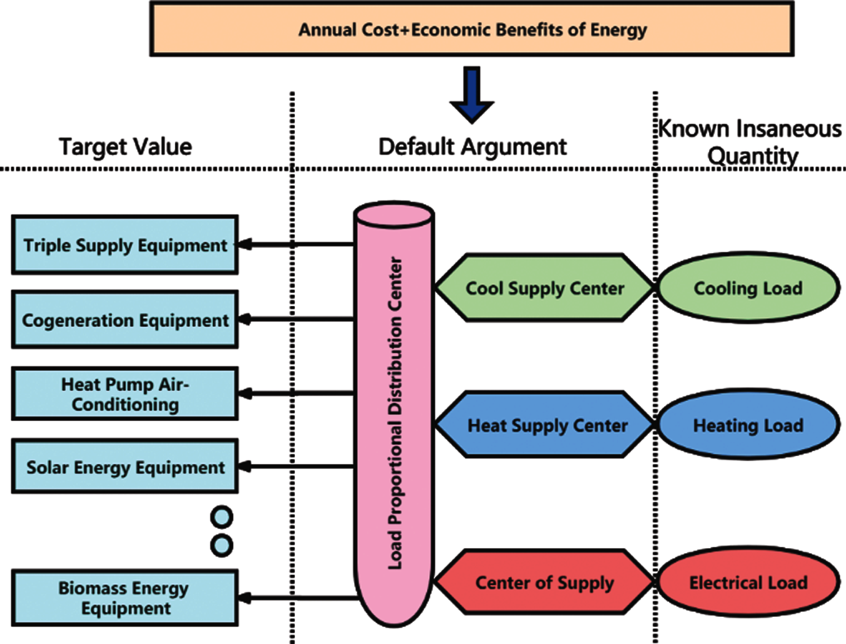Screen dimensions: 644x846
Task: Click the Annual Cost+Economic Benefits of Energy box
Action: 472,29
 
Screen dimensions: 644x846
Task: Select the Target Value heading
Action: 125,147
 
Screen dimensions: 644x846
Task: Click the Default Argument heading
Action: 472,147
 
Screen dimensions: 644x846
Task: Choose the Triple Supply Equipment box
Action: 125,245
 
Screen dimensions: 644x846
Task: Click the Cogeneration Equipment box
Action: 125,320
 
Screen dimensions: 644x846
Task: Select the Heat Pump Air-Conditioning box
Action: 125,394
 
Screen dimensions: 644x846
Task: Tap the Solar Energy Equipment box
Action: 125,467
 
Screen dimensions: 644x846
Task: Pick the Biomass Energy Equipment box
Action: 125,598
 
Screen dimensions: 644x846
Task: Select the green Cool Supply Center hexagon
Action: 544,288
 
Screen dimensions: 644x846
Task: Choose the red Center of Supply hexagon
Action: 544,582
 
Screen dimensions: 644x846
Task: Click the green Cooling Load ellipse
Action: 748,288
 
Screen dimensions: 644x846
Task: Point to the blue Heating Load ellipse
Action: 748,425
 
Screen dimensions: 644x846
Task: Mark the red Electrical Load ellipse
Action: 748,582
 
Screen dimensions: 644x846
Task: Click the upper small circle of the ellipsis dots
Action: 222,516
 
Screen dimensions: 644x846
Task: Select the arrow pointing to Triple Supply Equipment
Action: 296,244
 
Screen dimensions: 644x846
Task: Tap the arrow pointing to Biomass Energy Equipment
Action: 296,598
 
